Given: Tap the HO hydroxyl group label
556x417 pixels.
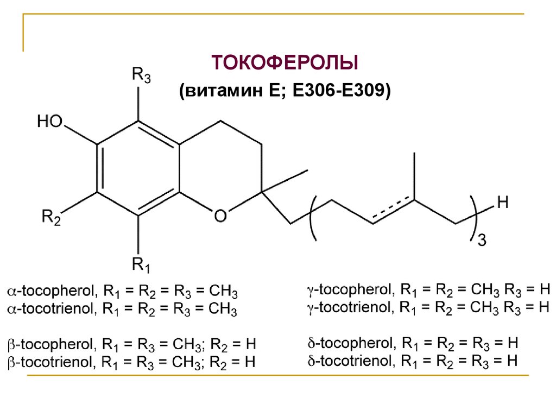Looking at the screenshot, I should point(50,122).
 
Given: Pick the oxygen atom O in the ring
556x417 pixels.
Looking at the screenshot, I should point(220,216).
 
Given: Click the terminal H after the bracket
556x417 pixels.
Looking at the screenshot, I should point(503,204).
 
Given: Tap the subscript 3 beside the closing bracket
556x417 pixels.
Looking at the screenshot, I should point(481,241).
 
